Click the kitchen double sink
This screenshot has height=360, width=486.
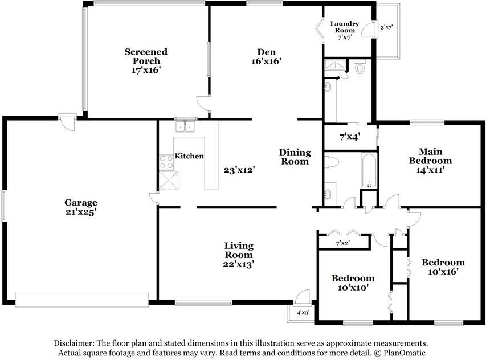click(x=185, y=126)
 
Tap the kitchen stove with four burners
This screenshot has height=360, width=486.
click(x=166, y=162)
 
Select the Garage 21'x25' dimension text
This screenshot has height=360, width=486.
click(x=81, y=212)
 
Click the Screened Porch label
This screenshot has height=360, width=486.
click(x=146, y=56)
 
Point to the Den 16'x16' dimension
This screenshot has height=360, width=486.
click(x=266, y=61)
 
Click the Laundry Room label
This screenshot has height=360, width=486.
click(x=344, y=27)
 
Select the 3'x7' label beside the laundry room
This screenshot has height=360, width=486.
click(x=386, y=27)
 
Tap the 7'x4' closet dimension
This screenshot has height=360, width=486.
click(x=350, y=137)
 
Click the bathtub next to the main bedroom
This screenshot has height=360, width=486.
click(x=369, y=170)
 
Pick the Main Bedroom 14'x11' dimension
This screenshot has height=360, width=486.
click(x=430, y=170)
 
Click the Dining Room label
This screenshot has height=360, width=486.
click(x=295, y=157)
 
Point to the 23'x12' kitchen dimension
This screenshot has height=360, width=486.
click(x=239, y=170)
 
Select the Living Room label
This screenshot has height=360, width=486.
click(x=239, y=250)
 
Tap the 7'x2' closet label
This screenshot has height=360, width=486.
click(x=343, y=243)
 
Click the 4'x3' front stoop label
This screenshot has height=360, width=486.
click(x=303, y=313)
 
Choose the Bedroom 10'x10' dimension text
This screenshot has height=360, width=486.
click(x=353, y=288)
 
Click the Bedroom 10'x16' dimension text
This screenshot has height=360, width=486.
click(x=443, y=272)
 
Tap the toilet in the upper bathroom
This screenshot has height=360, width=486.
click(x=360, y=66)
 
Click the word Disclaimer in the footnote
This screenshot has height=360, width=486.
click(x=73, y=343)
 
